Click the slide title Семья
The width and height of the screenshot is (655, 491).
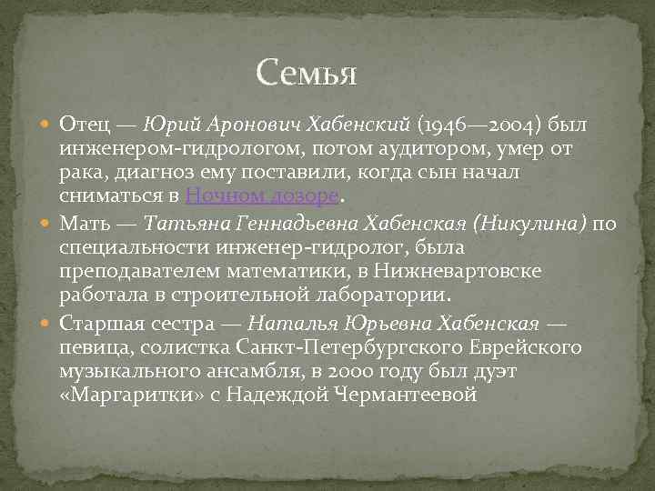(x=307, y=72)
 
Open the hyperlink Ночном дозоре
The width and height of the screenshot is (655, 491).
(x=262, y=196)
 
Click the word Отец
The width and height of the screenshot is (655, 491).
(x=86, y=123)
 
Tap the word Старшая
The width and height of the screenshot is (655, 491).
(x=102, y=323)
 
